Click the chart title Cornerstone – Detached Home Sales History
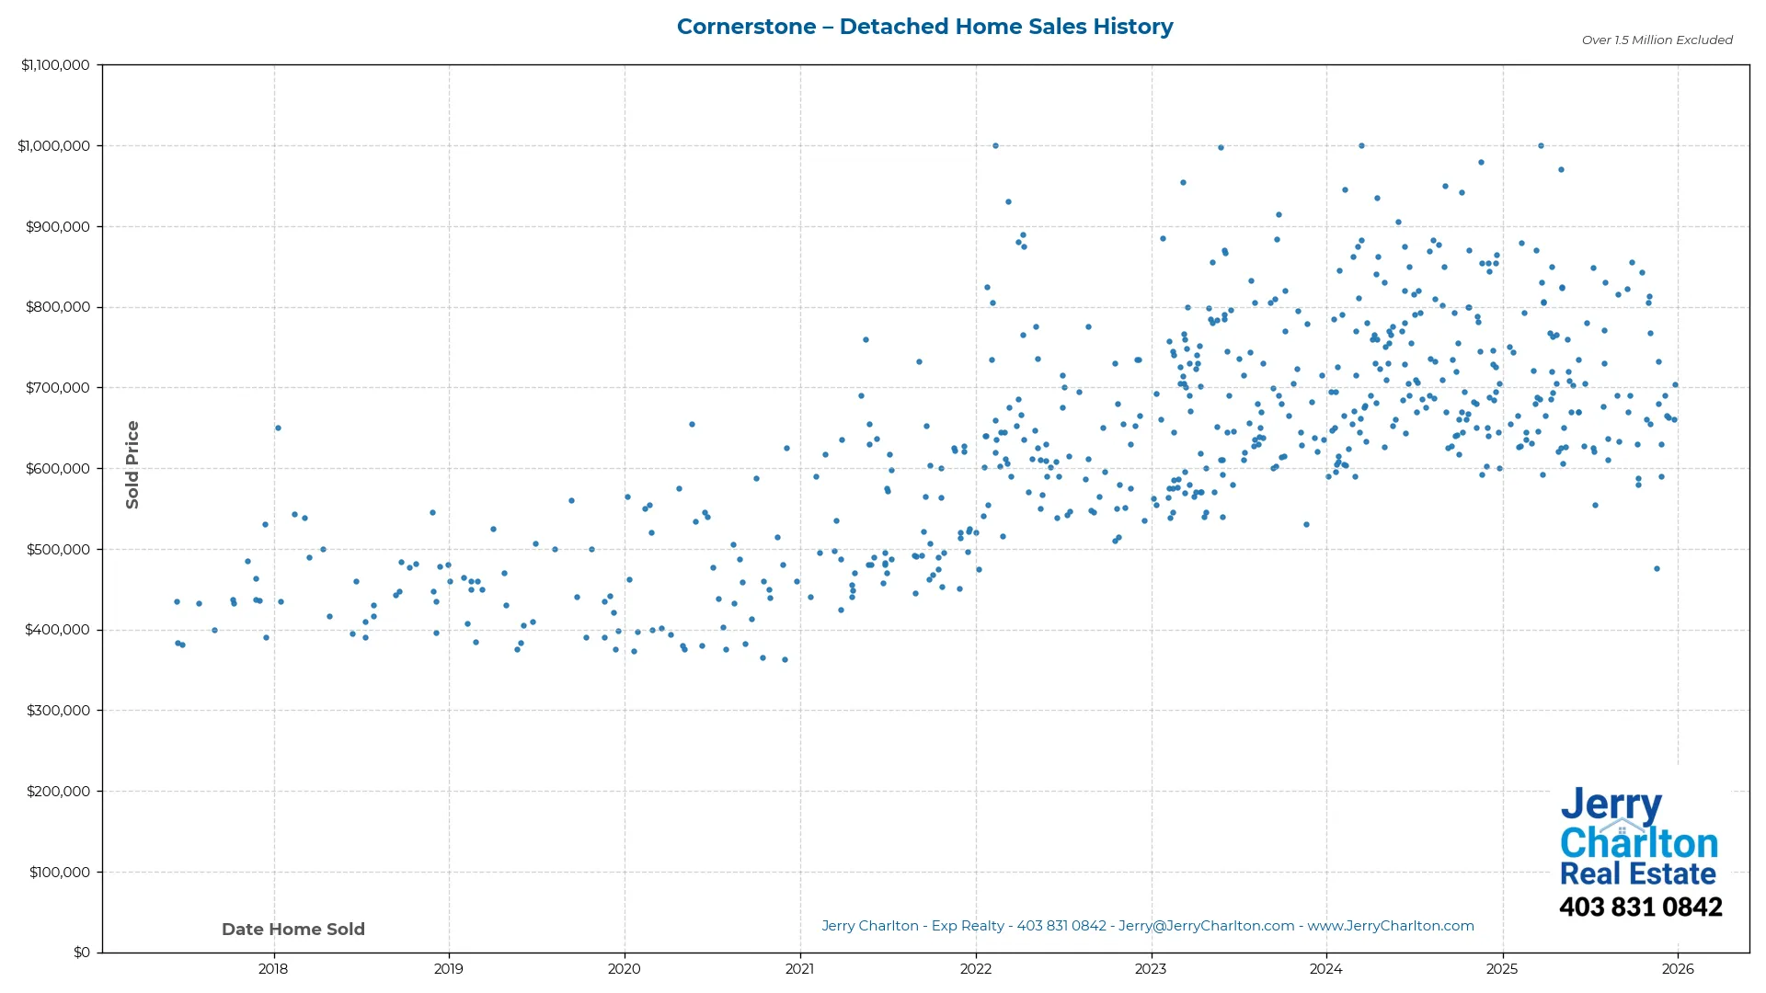tap(924, 27)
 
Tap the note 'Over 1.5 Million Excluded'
tap(1657, 40)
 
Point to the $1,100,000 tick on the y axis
tap(55, 65)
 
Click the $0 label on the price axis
tap(81, 953)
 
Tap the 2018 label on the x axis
tap(273, 969)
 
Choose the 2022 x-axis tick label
tap(975, 969)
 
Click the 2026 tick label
tap(1678, 969)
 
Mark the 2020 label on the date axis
tap(625, 969)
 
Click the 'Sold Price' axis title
tap(132, 464)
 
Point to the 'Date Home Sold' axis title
tap(293, 930)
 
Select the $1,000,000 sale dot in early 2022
tap(995, 146)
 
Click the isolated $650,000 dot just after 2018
tap(278, 428)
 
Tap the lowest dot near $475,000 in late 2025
tap(1657, 569)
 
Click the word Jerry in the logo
tap(1611, 805)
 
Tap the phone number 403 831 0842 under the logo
tap(1640, 907)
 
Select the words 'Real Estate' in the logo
tap(1638, 873)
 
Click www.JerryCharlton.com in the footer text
tap(1390, 926)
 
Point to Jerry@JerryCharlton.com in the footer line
tap(1206, 926)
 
